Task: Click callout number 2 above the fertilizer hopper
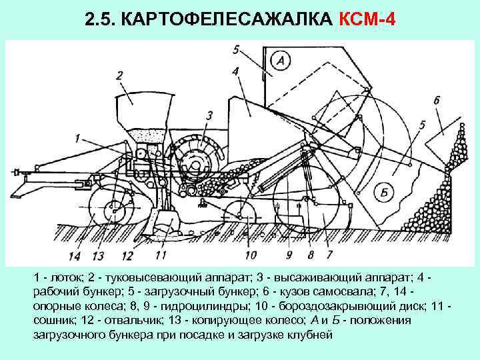119,75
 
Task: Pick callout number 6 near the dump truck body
436,100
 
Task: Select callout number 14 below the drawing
74,256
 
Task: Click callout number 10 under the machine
250,255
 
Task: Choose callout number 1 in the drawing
78,139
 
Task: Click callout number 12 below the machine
127,256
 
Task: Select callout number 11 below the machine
160,255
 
